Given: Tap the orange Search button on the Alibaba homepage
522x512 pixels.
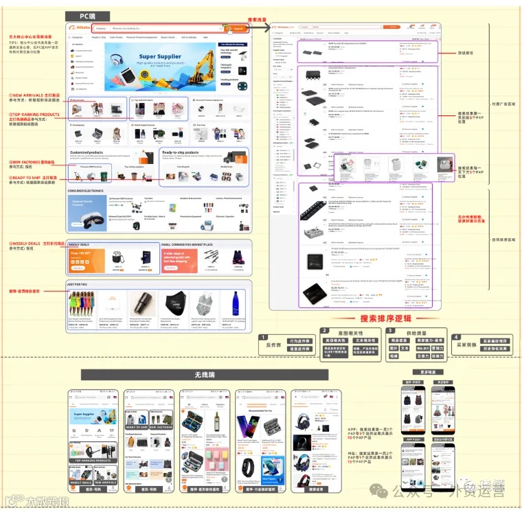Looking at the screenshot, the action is (x=237, y=28).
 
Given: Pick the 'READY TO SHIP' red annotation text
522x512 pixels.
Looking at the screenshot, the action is (x=35, y=177).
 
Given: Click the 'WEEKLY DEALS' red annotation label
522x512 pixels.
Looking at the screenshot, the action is (x=34, y=243).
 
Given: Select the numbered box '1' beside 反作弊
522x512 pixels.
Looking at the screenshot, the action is (x=263, y=337).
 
